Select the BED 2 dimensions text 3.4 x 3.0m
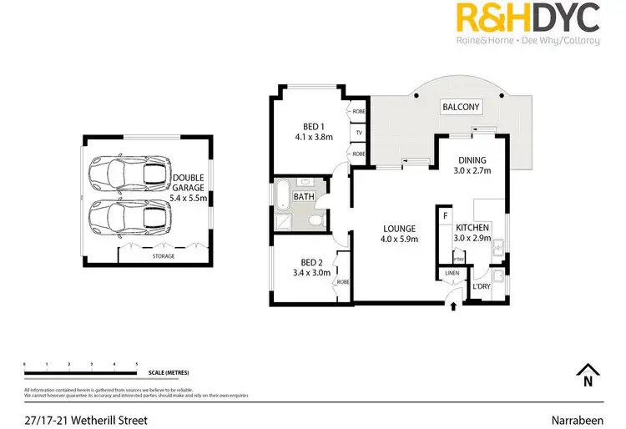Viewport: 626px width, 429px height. [312, 272]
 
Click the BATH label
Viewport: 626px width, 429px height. [304, 197]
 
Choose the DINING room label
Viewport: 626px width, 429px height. [472, 160]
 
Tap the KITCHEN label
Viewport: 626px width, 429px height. [472, 227]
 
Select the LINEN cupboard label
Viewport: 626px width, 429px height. [452, 273]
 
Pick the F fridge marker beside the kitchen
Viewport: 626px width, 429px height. [447, 216]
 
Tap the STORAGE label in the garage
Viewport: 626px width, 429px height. [164, 256]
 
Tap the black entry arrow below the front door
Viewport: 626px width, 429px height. [453, 306]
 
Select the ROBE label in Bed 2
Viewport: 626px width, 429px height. [343, 282]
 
